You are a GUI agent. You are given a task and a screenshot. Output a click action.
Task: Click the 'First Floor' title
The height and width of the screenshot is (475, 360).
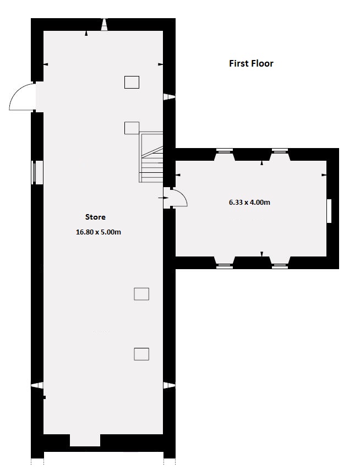pos(251,63)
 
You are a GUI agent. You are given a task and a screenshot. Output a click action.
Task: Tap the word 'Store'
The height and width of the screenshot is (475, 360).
pos(95,217)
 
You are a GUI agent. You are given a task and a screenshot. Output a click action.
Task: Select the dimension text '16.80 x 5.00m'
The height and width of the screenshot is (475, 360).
pos(99,232)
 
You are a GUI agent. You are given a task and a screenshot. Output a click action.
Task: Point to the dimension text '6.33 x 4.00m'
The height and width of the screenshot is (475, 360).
pos(249,202)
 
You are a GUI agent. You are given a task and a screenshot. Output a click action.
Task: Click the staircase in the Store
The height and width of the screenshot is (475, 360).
pos(152,157)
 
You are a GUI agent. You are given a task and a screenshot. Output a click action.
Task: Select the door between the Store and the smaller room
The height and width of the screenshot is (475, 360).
pos(177,197)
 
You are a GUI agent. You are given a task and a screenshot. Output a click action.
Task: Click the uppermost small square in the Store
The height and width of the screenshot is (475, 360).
pos(132,82)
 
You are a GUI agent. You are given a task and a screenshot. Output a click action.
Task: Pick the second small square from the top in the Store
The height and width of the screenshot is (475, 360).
pos(132,128)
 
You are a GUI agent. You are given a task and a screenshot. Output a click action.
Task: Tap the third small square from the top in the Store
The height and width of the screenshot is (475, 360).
pos(141,294)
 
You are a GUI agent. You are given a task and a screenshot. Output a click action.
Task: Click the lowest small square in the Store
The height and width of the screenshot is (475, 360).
pos(141,354)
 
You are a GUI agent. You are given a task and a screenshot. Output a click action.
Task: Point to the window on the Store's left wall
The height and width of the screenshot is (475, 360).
pos(37,172)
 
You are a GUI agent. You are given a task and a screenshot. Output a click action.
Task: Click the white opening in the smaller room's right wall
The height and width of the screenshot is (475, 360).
pos(329,211)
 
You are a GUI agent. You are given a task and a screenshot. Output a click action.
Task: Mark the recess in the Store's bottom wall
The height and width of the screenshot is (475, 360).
pos(85,440)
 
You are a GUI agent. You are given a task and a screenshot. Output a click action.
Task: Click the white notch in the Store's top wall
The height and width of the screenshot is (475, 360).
pos(103,24)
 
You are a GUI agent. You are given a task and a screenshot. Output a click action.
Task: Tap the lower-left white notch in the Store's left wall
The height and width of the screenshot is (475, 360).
pos(36,385)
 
